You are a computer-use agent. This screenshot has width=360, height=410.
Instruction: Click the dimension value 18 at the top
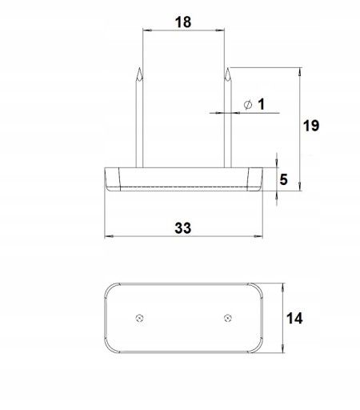point(183,22)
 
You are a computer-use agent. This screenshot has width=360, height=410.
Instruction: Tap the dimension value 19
point(311,126)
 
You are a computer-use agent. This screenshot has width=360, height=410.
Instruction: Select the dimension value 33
point(183,228)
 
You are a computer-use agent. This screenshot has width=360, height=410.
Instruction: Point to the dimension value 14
point(294,319)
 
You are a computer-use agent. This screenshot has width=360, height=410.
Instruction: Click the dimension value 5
point(283,179)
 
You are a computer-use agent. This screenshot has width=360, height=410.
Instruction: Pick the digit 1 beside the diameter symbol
point(261,104)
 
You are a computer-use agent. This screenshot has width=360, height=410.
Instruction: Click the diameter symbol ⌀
point(248,105)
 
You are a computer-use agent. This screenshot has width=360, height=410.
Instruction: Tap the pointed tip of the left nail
point(139,68)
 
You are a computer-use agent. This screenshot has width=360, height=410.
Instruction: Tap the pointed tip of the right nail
point(227,68)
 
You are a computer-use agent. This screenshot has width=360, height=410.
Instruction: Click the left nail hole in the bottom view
point(139,318)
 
